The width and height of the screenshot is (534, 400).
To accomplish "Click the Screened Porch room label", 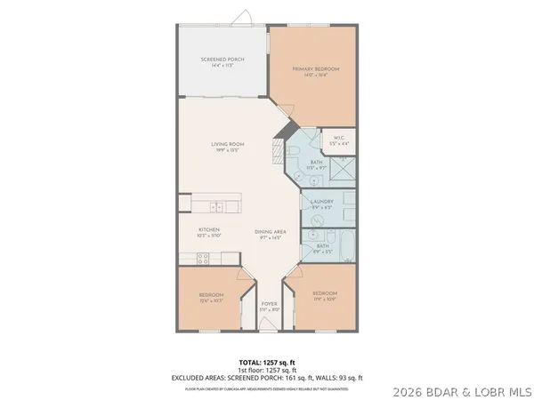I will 222,60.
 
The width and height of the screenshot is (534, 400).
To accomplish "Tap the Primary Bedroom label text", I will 316,69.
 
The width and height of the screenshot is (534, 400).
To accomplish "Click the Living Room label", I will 228,144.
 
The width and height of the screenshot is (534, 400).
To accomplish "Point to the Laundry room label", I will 321,202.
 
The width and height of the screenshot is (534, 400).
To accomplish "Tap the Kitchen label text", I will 209,229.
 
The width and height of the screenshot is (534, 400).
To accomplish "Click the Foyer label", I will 269,303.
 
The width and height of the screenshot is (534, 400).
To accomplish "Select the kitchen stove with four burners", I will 202,259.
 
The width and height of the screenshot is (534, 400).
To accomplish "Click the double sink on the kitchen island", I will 218,207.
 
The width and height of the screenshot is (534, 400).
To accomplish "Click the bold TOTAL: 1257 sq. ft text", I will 267,363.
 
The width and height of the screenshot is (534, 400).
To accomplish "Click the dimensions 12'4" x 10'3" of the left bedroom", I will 211,300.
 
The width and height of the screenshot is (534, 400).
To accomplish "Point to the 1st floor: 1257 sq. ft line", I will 267,370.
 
